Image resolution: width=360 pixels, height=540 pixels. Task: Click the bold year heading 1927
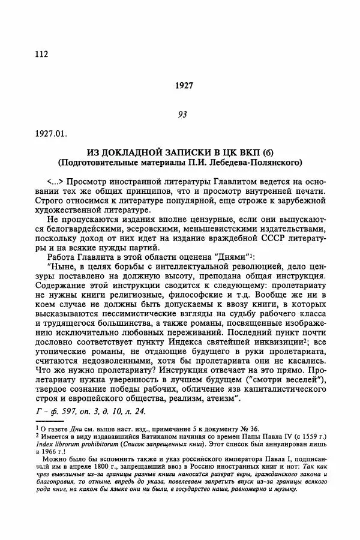click(184, 86)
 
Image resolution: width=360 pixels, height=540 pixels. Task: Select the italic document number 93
click(184, 115)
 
